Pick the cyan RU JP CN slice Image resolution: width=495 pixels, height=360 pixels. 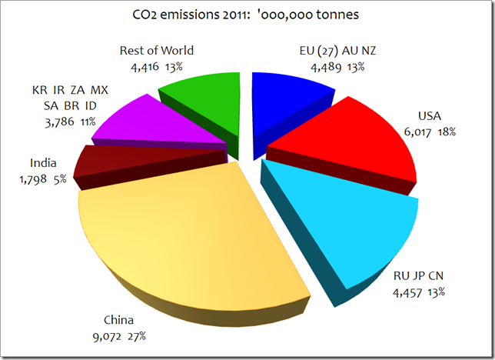click(346, 223)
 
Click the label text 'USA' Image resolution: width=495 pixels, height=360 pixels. click(430, 117)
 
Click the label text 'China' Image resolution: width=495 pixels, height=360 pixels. click(120, 321)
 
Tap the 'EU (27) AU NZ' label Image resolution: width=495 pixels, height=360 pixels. click(337, 52)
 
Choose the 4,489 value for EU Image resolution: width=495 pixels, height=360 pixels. click(326, 67)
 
